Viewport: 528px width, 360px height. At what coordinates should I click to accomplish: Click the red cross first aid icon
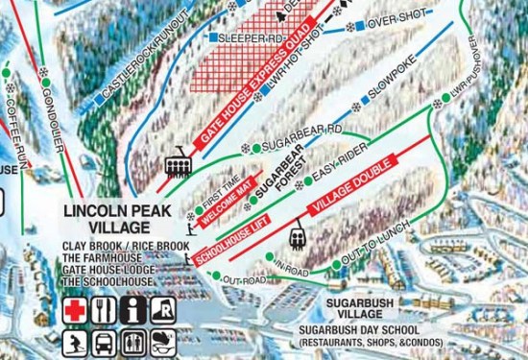[75, 311]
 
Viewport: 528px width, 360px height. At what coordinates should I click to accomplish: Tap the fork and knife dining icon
[105, 311]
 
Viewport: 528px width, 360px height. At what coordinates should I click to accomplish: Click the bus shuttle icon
[105, 342]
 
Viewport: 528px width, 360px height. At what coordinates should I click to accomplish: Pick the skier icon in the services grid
[75, 342]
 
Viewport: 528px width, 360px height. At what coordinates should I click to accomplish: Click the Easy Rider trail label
[337, 162]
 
